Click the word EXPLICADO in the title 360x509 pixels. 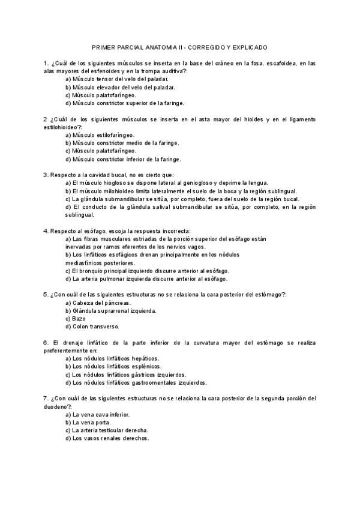pos(248,47)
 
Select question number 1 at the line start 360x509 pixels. pos(46,63)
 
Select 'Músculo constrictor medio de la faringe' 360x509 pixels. pos(122,143)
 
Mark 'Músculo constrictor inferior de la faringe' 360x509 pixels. pos(123,159)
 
